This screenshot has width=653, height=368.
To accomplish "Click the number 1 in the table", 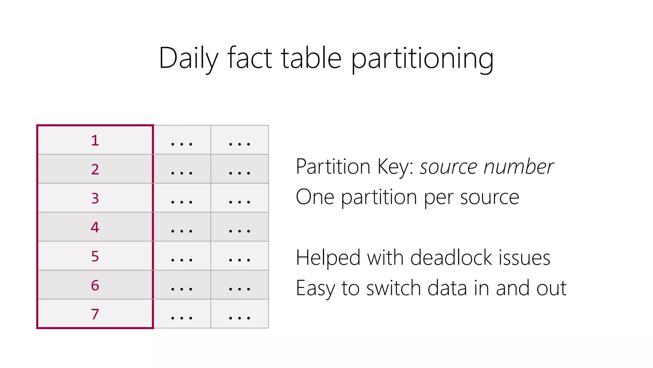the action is [95, 141].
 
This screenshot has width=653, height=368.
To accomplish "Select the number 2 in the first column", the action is [95, 169].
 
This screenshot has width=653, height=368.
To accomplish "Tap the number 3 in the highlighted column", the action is [95, 198].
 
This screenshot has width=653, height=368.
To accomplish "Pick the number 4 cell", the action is [95, 227].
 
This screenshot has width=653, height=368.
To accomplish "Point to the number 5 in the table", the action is [95, 256].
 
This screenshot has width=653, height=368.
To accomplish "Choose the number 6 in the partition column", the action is [95, 285].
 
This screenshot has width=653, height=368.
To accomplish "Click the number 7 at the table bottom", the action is [95, 314].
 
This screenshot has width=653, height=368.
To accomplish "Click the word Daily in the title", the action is [188, 58].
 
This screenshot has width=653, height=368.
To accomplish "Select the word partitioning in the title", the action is [422, 58].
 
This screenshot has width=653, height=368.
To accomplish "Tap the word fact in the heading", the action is [250, 58].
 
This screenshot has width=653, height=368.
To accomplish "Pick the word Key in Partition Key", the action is [395, 167].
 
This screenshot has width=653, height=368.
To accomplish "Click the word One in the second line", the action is [315, 197].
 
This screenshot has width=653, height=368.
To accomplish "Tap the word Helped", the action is [328, 258].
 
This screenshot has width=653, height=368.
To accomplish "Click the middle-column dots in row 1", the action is [182, 144].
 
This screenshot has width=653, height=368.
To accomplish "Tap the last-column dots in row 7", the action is [239, 318].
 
